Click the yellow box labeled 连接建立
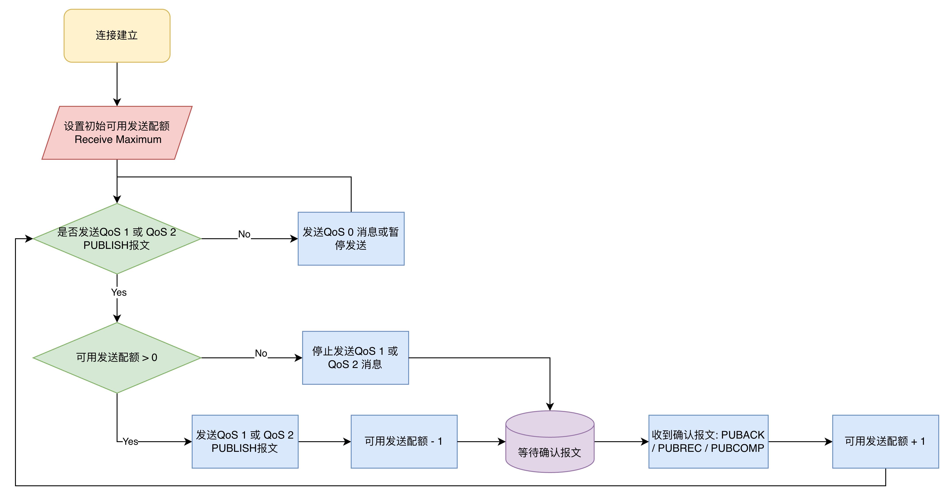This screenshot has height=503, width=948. [x=117, y=36]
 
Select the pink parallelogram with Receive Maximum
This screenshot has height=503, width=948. [x=117, y=133]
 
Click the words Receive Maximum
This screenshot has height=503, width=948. [x=118, y=140]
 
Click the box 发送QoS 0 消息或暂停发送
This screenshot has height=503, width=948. [x=351, y=239]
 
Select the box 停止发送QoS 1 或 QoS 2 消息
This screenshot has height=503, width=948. [x=356, y=358]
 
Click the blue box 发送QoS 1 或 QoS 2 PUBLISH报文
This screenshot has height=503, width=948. [x=245, y=442]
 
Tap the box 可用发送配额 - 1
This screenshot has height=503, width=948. [x=404, y=442]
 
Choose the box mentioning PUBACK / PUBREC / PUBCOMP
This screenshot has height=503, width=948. [x=708, y=442]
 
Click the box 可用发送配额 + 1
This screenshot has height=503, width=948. [x=885, y=442]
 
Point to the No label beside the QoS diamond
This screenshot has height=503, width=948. [x=244, y=234]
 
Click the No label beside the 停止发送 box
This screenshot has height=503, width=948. [x=261, y=353]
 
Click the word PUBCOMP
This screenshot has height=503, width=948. [x=738, y=449]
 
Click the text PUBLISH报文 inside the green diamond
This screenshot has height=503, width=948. [x=117, y=245]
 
